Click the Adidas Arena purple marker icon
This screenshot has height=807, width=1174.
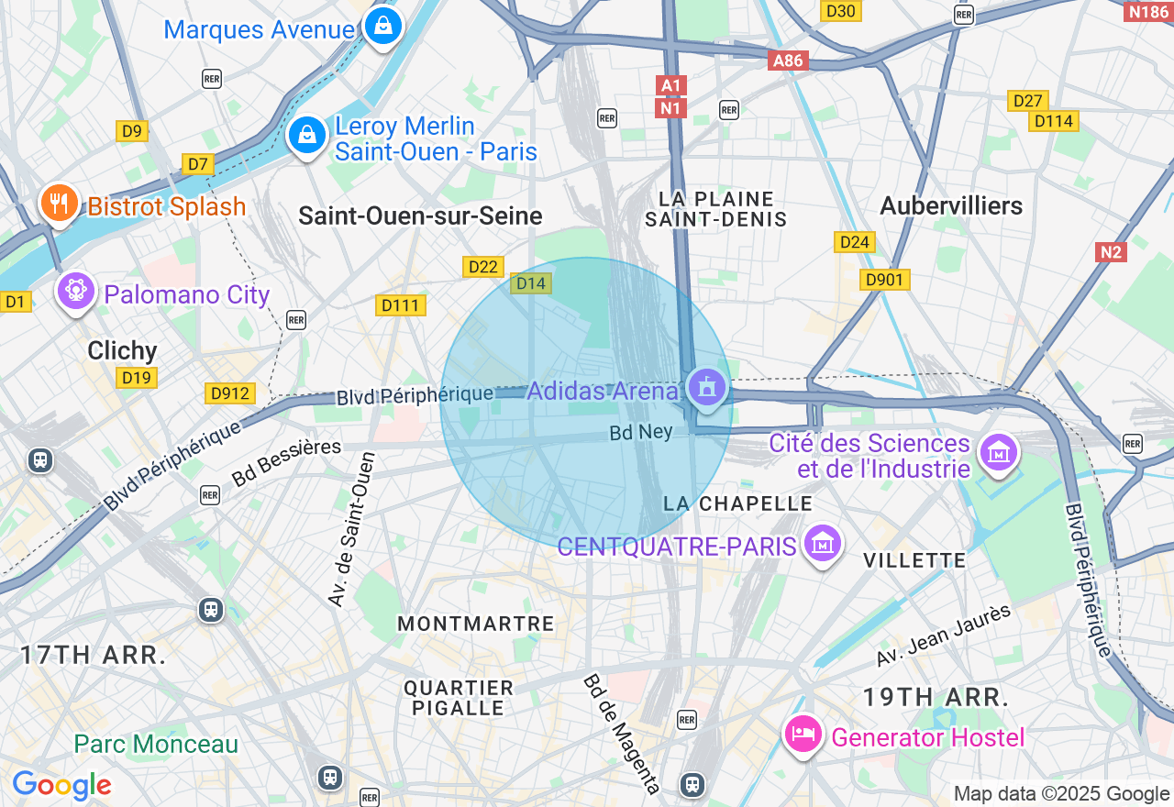tap(705, 388)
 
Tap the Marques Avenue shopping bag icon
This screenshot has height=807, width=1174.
tap(382, 25)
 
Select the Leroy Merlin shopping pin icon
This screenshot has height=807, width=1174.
tap(307, 136)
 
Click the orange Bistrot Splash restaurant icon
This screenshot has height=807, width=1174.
tap(60, 203)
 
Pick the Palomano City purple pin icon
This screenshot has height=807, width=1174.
tap(76, 292)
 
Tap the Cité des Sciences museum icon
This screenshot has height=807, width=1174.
tap(999, 452)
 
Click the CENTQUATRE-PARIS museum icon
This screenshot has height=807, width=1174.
tap(822, 544)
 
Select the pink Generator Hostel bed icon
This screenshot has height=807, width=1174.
tap(804, 735)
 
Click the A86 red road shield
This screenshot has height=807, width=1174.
tap(788, 61)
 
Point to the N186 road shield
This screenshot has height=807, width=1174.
tap(1147, 11)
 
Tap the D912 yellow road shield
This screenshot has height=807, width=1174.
tap(229, 393)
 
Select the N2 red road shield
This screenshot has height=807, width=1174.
tap(1110, 251)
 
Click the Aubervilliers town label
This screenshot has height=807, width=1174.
tap(951, 205)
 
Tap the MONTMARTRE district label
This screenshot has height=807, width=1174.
tap(476, 624)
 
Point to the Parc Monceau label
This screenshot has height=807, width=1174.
tap(156, 744)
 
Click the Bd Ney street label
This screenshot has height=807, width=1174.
tap(641, 432)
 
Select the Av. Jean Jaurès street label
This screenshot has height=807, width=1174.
tap(944, 636)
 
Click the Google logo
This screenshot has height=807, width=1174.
tap(61, 785)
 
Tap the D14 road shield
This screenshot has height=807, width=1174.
tap(531, 283)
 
